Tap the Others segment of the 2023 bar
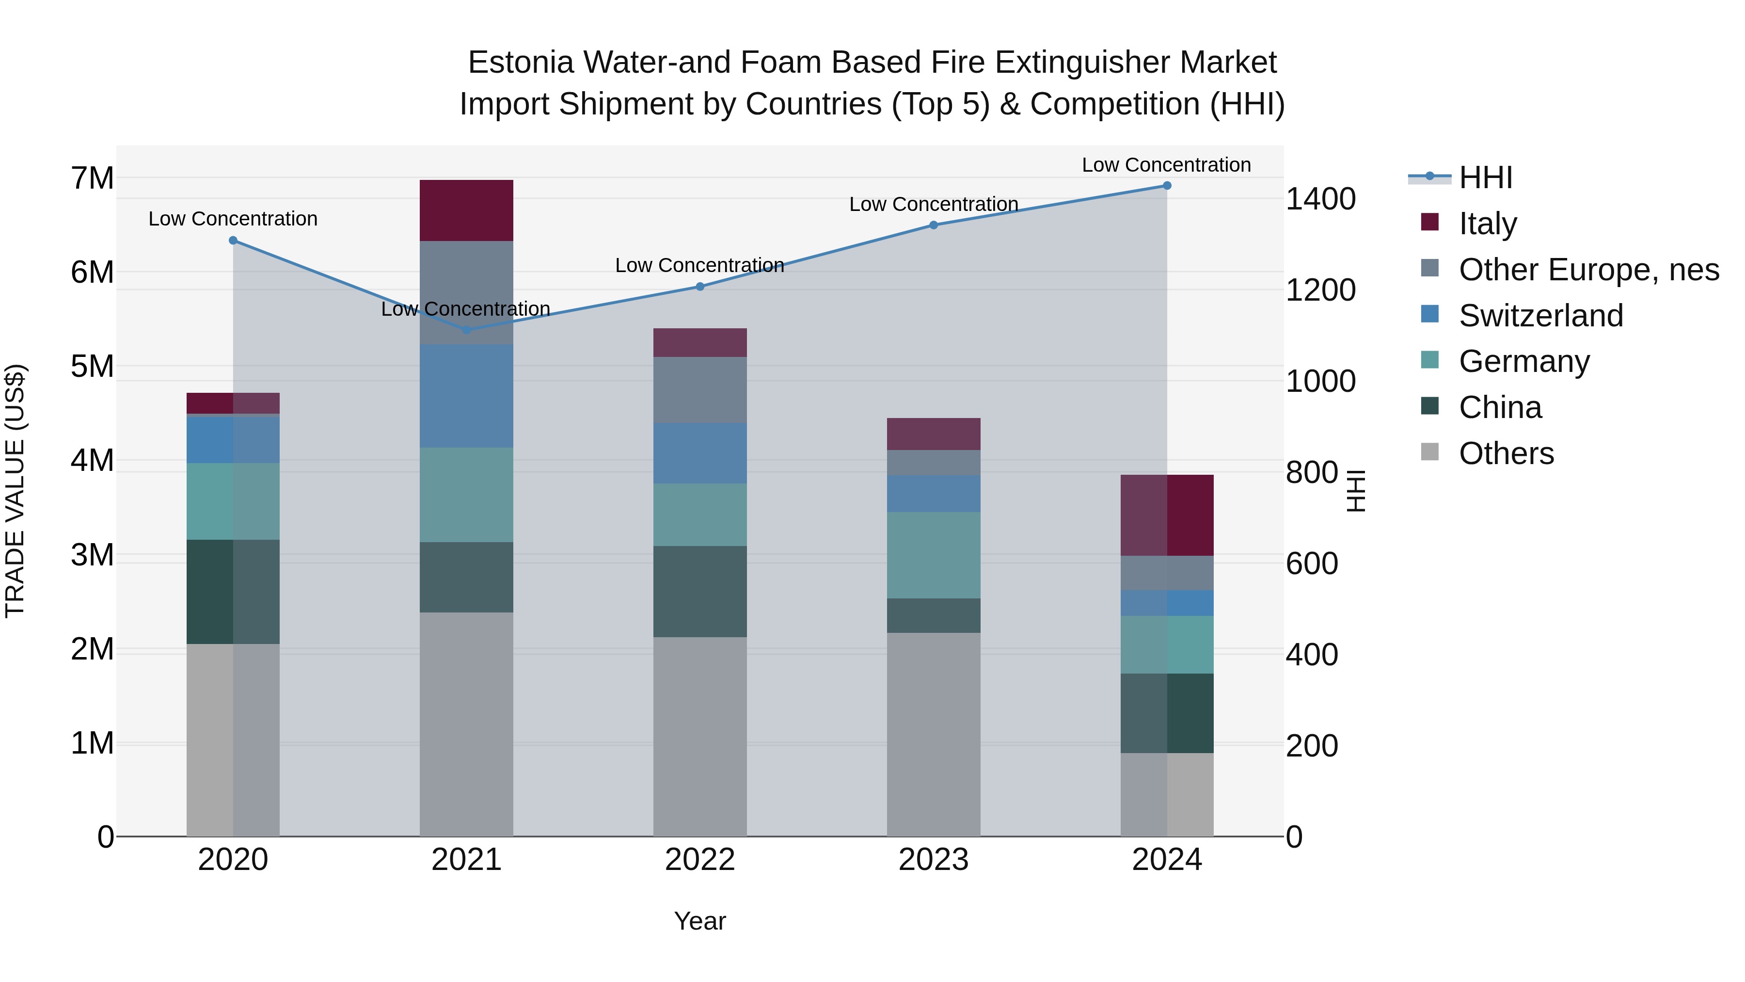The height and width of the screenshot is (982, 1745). point(934,734)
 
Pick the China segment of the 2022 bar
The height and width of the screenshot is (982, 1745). point(700,591)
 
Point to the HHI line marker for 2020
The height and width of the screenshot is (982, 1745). point(233,241)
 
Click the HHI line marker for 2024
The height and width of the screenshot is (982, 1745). point(1167,186)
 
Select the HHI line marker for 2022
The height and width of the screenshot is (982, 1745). point(700,287)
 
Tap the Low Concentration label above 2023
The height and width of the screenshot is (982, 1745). point(934,204)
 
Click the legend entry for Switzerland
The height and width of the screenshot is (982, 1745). point(1540,316)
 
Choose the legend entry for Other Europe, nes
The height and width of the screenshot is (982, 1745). point(1588,270)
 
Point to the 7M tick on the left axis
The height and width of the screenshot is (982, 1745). point(92,178)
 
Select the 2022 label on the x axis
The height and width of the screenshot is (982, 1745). point(700,860)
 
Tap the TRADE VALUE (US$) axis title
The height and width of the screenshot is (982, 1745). point(15,491)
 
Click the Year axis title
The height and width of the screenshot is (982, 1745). point(700,921)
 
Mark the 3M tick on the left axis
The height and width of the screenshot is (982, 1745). point(92,555)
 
